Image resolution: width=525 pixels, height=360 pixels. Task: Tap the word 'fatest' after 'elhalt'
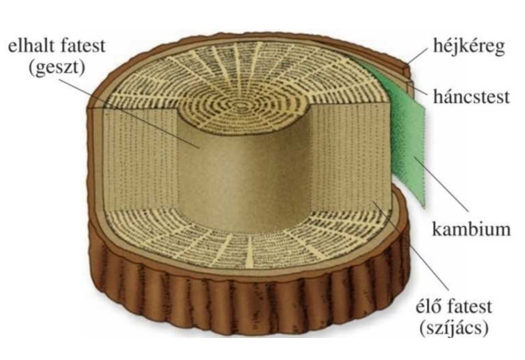coord(82,46)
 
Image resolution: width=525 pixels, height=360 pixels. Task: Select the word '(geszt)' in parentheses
coord(57,68)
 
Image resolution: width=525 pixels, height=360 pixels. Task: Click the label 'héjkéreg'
coord(469,46)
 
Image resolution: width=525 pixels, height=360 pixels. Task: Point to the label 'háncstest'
coord(471,97)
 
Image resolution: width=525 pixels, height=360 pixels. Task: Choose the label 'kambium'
coord(471,229)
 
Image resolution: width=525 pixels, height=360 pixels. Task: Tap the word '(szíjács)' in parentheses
coord(454,328)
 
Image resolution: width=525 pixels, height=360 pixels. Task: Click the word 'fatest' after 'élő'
coord(469,306)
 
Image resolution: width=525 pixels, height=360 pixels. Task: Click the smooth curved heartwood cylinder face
coord(245,174)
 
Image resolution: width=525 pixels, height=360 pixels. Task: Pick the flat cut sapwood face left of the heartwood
coord(141,158)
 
